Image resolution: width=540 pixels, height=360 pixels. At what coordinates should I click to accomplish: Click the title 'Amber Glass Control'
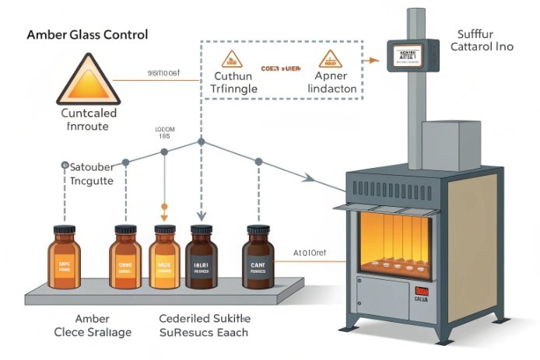87,36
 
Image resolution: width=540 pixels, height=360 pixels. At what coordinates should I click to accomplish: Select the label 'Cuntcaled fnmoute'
88,118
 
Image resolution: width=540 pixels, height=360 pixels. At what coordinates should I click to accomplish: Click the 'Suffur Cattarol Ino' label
481,40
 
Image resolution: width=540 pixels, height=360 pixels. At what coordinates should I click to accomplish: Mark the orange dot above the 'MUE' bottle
164,208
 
